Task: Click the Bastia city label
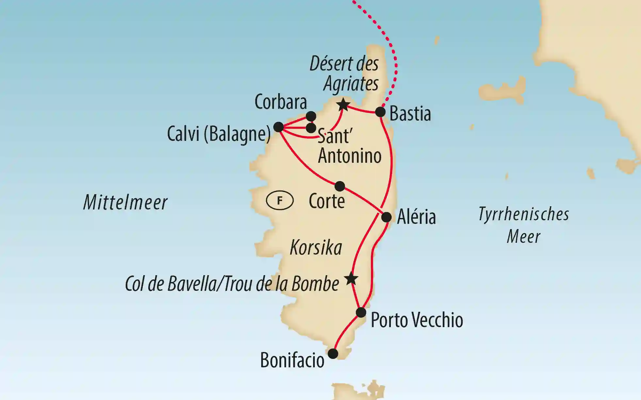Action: (410, 114)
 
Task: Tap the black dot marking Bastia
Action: (380, 112)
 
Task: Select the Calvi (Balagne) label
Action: (219, 134)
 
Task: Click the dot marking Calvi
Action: (278, 127)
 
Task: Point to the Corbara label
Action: (281, 102)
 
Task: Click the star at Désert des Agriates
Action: (343, 105)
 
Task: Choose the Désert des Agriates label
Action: (345, 74)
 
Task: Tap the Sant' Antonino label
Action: (349, 146)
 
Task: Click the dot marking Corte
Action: (340, 186)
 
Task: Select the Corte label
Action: (327, 201)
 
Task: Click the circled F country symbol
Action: (280, 200)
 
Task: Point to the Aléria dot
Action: (386, 217)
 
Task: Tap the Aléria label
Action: (416, 217)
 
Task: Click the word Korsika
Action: (316, 248)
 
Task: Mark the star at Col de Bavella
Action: (351, 279)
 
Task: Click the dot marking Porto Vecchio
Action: (361, 312)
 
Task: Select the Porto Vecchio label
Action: (417, 320)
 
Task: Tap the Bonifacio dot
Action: (333, 354)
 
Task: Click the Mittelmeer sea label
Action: (125, 202)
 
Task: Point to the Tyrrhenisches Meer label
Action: (524, 225)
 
